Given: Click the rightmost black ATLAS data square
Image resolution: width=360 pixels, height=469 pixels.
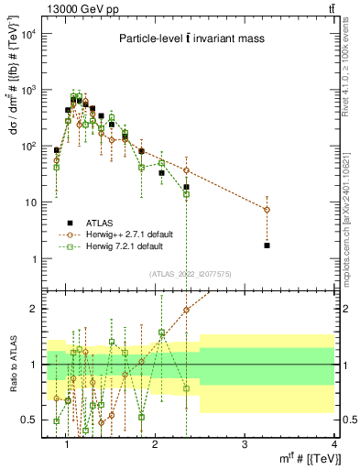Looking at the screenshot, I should coord(267,245).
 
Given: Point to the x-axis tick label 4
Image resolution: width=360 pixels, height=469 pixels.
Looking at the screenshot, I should coord(333,444).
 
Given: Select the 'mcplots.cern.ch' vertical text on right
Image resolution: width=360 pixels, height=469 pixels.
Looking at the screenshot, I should coord(351,229).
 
